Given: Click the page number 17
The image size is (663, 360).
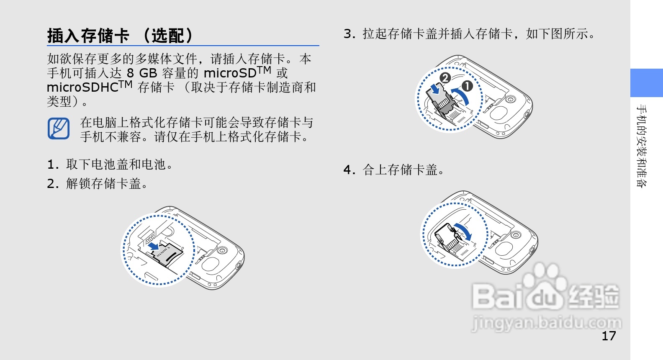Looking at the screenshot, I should coord(609,336).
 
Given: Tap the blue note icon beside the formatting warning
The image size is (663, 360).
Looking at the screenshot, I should coord(58,129).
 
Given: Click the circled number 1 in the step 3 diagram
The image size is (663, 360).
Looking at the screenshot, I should coord(467,86).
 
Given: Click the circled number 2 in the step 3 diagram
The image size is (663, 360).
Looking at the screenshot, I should coord(445,77).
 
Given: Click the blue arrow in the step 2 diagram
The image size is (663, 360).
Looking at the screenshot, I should coord(154,246).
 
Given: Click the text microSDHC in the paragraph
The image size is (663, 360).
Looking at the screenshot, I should coord(82,87).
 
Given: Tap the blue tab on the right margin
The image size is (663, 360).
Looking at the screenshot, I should coord(646,83).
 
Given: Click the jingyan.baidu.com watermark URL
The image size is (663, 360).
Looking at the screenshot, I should coord(547,324).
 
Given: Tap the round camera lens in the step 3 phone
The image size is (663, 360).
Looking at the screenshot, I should coord(510,100).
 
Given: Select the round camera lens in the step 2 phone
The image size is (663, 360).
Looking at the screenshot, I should coord(222,251).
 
